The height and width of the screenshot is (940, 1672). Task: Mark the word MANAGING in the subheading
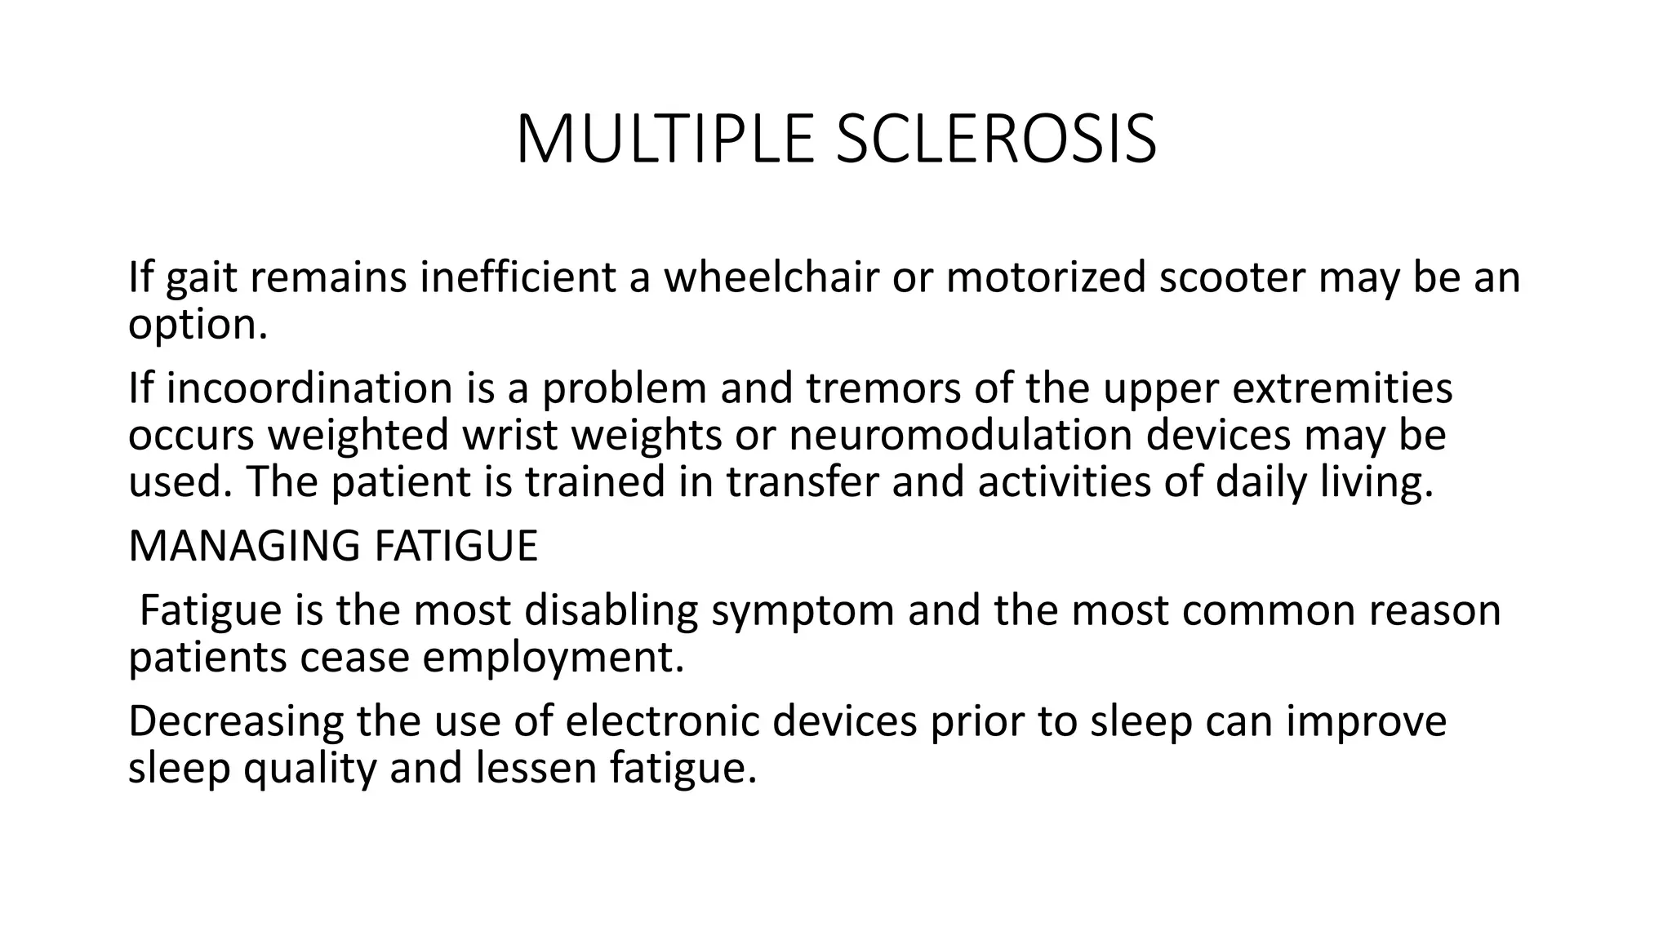245,546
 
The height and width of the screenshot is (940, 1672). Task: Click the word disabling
611,610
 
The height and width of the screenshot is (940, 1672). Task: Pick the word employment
552,658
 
